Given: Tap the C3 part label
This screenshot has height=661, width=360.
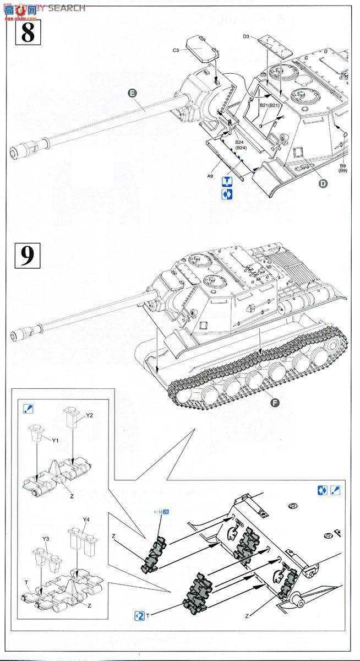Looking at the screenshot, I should click(x=176, y=51).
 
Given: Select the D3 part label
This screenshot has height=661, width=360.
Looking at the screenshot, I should click(x=246, y=37).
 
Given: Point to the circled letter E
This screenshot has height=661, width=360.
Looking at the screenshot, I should click(x=132, y=93).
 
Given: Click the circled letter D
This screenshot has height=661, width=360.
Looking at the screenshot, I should click(x=322, y=183).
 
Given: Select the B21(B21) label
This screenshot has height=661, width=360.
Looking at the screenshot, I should click(x=271, y=105).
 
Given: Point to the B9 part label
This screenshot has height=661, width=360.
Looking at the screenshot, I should click(x=342, y=165).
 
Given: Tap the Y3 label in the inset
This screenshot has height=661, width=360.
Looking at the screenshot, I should click(x=46, y=538).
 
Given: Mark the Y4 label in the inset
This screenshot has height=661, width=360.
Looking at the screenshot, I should click(x=86, y=519).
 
